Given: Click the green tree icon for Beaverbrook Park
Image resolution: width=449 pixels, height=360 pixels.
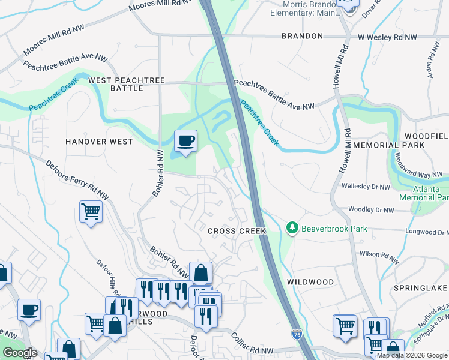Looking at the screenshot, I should coord(292,228).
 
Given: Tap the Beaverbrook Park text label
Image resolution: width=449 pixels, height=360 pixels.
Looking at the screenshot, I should coord(334,229).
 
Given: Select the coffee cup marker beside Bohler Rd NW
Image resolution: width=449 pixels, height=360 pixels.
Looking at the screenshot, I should coord(185,141).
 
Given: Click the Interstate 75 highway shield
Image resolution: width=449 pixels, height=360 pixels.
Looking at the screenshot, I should coord(297,332).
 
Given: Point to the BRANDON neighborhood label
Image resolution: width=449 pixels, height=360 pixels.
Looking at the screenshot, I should coord(303,36).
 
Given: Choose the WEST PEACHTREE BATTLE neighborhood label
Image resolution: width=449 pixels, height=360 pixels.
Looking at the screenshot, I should coord(116,84).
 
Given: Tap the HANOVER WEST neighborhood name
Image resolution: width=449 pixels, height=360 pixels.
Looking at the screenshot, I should coord(98,142).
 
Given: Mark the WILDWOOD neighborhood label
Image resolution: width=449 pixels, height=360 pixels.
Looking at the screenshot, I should coord(310,281).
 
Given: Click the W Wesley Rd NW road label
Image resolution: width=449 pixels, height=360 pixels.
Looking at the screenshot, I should coord(387,37).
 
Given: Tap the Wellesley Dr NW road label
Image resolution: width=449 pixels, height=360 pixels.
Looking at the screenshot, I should coord(367,186).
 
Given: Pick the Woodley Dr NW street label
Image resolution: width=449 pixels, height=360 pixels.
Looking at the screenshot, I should coord(371,211).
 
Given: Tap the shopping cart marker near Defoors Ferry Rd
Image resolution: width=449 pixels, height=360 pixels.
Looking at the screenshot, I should coord(91,211).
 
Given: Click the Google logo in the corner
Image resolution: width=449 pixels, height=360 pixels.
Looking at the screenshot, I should coord(20,353).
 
